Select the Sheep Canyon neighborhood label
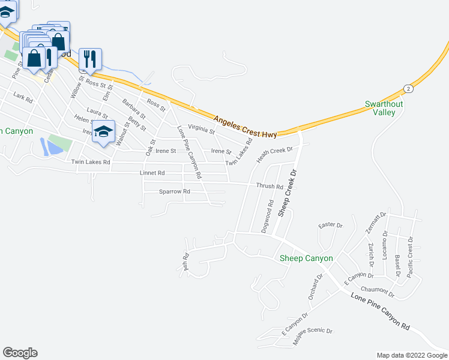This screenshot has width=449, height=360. point(306,258)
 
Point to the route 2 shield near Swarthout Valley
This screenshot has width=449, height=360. point(408,88)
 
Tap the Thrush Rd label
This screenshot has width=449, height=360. point(270,187)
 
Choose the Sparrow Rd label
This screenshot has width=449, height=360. point(174,191)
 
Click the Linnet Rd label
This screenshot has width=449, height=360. point(152,173)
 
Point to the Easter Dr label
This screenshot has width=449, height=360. point(330,225)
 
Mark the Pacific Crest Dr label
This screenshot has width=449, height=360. point(411,256)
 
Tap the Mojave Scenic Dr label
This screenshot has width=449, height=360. point(312,340)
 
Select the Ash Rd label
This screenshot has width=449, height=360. point(186,264)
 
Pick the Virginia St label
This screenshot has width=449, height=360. point(201,128)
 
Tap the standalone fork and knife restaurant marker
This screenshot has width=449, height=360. point(90,58)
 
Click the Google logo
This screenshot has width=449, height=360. point(20,353)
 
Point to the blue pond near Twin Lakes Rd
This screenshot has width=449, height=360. point(47,146)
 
